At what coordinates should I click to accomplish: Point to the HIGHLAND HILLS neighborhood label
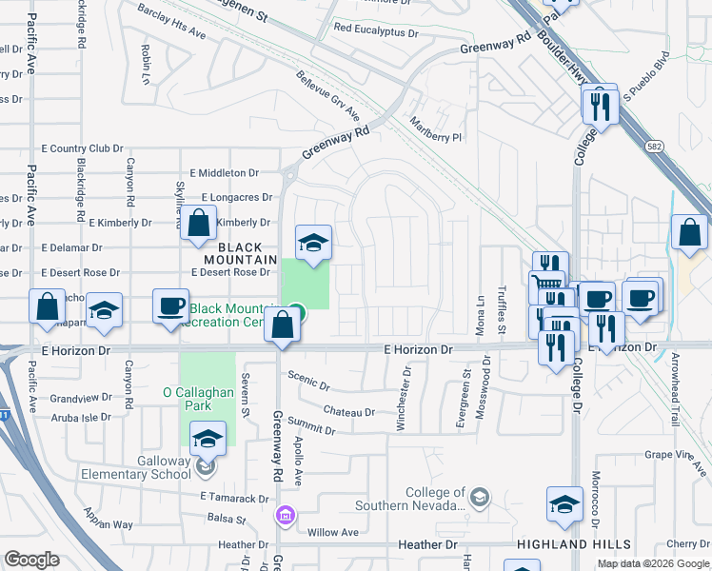pos(573,544)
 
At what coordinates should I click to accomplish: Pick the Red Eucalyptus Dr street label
pos(376,30)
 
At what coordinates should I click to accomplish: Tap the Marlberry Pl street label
pos(436,129)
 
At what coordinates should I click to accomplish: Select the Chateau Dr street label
pos(349,412)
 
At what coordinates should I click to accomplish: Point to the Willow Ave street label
pos(331,532)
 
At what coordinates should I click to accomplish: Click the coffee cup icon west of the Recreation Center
pos(171,305)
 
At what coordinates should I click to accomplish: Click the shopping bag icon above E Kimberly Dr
pos(200,224)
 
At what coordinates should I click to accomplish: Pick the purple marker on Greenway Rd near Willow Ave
pos(284,516)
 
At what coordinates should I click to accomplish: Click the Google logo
pos(32,560)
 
